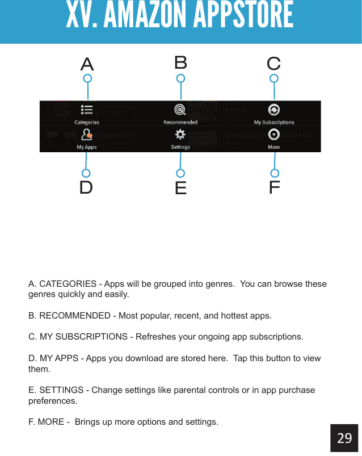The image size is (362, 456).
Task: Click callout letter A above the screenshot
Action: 87,64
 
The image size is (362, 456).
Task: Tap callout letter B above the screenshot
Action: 180,62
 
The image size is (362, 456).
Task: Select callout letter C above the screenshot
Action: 273,63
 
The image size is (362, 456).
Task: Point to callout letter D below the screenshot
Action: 86,187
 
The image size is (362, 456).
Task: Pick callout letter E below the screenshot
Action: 180,188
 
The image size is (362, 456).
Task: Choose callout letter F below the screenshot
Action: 275,187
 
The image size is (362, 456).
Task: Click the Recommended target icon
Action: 180,110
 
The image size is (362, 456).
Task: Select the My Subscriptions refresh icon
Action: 274,110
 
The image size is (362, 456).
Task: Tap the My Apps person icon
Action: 87,135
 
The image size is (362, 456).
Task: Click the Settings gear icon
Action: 180,135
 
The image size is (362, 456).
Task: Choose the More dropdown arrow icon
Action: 274,135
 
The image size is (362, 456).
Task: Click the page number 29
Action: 344,438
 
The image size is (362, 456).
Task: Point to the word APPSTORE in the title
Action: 243,16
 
